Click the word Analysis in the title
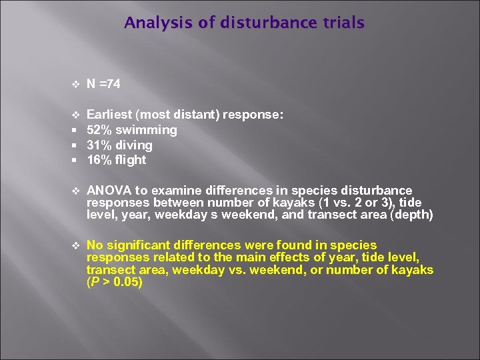[150, 23]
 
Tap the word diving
[134, 145]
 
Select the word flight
[131, 160]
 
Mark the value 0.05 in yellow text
[127, 281]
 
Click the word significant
[139, 245]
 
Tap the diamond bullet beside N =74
[75, 85]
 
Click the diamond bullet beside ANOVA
[75, 191]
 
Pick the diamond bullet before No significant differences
[75, 246]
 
